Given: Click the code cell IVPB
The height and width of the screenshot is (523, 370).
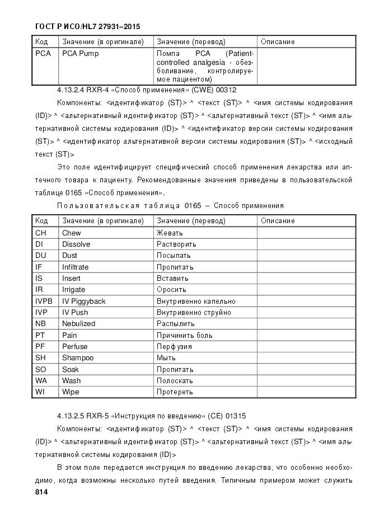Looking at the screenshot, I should [x=44, y=301].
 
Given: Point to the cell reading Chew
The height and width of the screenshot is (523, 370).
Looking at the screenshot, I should [x=72, y=233].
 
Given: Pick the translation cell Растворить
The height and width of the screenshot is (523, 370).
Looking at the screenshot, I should [x=176, y=244].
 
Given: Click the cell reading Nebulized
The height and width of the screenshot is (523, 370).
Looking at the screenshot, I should [x=78, y=324].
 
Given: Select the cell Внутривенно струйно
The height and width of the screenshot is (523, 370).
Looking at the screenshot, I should [x=194, y=312].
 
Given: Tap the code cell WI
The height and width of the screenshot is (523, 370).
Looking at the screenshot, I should [x=40, y=392].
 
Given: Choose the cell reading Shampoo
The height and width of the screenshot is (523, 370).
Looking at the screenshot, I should [x=78, y=358].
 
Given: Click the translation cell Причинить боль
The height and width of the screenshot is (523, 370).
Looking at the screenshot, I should [x=184, y=335].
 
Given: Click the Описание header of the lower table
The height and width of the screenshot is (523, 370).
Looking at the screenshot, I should [x=278, y=221].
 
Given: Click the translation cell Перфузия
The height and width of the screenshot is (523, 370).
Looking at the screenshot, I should [x=174, y=347].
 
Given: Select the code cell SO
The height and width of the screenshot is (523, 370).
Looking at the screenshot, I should [x=41, y=369].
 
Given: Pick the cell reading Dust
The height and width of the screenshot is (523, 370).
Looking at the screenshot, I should [x=70, y=256].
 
